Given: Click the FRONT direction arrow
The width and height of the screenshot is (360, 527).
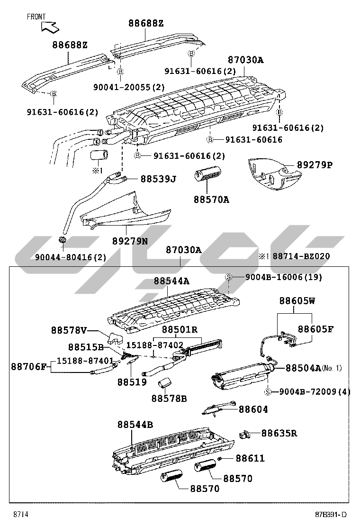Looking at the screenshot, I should (x=50, y=27).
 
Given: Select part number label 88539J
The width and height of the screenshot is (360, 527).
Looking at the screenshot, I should (x=158, y=179).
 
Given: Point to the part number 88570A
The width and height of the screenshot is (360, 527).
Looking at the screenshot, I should (x=211, y=200).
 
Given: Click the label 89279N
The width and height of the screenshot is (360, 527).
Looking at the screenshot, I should (x=130, y=241).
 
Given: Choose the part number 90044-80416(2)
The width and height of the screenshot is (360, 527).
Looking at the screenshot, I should (x=71, y=257).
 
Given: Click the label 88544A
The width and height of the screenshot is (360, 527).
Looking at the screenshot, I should (x=171, y=281).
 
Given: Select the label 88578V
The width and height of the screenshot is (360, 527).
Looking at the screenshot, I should (x=69, y=329).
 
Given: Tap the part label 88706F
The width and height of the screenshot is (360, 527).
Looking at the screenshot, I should (x=29, y=366).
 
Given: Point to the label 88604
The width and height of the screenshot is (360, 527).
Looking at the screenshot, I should (x=253, y=409).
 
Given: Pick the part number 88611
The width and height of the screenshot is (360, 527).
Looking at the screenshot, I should (x=250, y=458).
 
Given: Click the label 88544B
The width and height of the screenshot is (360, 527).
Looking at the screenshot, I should (x=135, y=425).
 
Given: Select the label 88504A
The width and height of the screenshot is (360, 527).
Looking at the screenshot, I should (x=303, y=367).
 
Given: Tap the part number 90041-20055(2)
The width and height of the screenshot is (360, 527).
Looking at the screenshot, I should (x=129, y=87).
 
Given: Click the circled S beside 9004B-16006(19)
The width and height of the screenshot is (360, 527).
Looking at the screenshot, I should (x=228, y=277).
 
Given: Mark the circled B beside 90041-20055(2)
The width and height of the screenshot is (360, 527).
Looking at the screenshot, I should (x=120, y=72).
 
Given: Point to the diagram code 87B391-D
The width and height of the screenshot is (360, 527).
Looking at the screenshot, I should (x=332, y=515).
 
